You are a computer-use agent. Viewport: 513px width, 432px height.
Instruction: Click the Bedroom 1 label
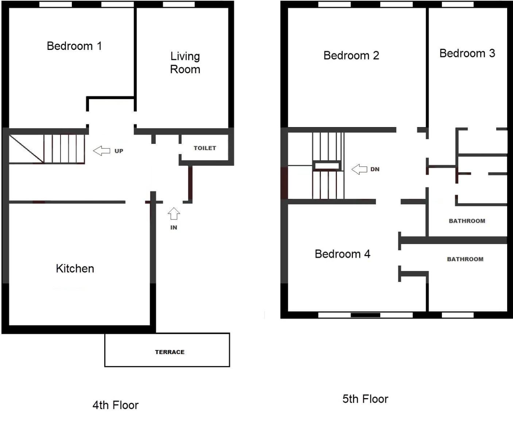74,46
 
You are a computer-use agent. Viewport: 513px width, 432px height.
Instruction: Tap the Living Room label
185,63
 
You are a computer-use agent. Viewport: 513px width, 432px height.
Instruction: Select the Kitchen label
75,268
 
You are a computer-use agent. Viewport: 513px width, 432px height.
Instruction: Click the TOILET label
205,148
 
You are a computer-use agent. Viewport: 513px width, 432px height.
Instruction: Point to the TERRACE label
170,352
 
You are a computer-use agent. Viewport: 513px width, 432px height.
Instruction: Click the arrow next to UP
101,151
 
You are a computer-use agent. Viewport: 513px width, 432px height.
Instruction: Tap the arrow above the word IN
174,213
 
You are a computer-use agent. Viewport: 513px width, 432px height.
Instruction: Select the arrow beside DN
360,169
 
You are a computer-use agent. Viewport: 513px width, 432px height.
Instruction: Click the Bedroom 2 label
351,55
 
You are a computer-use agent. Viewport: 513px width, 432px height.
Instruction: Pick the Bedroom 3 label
467,53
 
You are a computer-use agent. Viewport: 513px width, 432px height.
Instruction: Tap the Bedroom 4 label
342,254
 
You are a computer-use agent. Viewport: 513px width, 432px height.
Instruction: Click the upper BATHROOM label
467,221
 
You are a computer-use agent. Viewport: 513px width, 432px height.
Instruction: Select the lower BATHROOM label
465,259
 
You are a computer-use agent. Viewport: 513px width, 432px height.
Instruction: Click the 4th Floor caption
116,405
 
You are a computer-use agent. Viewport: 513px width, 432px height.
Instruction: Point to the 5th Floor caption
365,399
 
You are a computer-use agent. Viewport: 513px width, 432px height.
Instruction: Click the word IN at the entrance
174,228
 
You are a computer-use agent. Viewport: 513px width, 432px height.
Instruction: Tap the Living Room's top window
179,4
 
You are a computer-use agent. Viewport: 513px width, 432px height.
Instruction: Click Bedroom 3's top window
458,4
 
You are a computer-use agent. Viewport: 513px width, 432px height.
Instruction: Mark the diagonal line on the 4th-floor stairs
27,149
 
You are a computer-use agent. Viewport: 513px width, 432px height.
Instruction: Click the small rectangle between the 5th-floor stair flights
327,166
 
